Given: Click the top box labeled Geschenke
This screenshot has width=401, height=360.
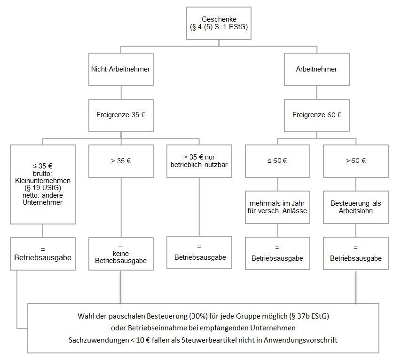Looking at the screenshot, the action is pos(219,24).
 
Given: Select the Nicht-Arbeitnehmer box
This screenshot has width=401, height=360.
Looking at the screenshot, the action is pos(121,69).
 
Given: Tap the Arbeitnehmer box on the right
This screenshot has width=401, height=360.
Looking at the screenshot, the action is pos(316,69).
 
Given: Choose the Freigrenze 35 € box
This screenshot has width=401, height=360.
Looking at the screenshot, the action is pos(121,115).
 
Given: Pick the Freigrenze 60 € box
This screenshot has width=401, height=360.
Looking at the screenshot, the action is pos(316,115).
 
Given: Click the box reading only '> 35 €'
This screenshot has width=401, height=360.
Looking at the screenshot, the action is pos(121,161).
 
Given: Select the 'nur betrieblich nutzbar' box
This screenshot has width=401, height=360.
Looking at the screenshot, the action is pos(199,161).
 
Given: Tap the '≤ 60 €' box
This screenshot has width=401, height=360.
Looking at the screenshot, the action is pos(277,161).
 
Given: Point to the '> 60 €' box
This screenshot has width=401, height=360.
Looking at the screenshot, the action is pos(356,161).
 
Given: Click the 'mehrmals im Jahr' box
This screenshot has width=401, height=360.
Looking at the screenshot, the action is pos(277,207).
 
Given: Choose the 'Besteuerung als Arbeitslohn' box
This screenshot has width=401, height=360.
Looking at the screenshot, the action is pos(356,207).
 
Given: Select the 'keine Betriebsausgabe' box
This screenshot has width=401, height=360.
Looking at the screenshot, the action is pos(121,254).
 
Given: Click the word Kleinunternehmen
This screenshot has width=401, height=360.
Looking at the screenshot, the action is pos(43,181).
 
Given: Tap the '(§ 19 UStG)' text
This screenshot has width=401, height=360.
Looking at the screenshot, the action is pos(43,188).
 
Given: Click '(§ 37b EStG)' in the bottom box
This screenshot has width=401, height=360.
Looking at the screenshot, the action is pos(309,316).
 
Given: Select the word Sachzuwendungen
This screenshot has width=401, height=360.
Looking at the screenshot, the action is pos(98,340).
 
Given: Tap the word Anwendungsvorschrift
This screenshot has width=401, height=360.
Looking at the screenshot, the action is pos(300,340).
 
